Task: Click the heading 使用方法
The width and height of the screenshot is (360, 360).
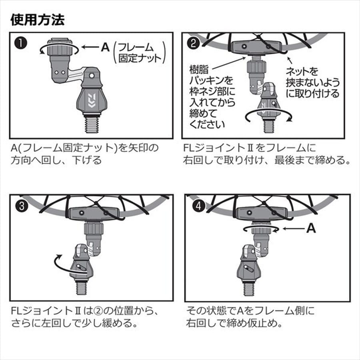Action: pos(38,20)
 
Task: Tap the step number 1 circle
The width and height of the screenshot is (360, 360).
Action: pos(21,43)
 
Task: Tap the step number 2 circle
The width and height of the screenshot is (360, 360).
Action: pos(194,43)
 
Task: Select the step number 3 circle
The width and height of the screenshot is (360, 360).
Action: pos(22,206)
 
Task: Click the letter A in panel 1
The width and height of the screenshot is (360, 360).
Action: pos(105,47)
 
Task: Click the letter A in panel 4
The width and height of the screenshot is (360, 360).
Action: pos(311,228)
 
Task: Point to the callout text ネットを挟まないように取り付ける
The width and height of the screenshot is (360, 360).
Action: pos(313,82)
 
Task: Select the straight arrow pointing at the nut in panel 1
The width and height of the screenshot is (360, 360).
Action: pos(90,47)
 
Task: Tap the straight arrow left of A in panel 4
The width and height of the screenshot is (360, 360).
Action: pos(294,228)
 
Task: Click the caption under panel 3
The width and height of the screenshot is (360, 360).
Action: pos(84,317)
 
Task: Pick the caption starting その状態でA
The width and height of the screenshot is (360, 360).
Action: pos(250,317)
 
